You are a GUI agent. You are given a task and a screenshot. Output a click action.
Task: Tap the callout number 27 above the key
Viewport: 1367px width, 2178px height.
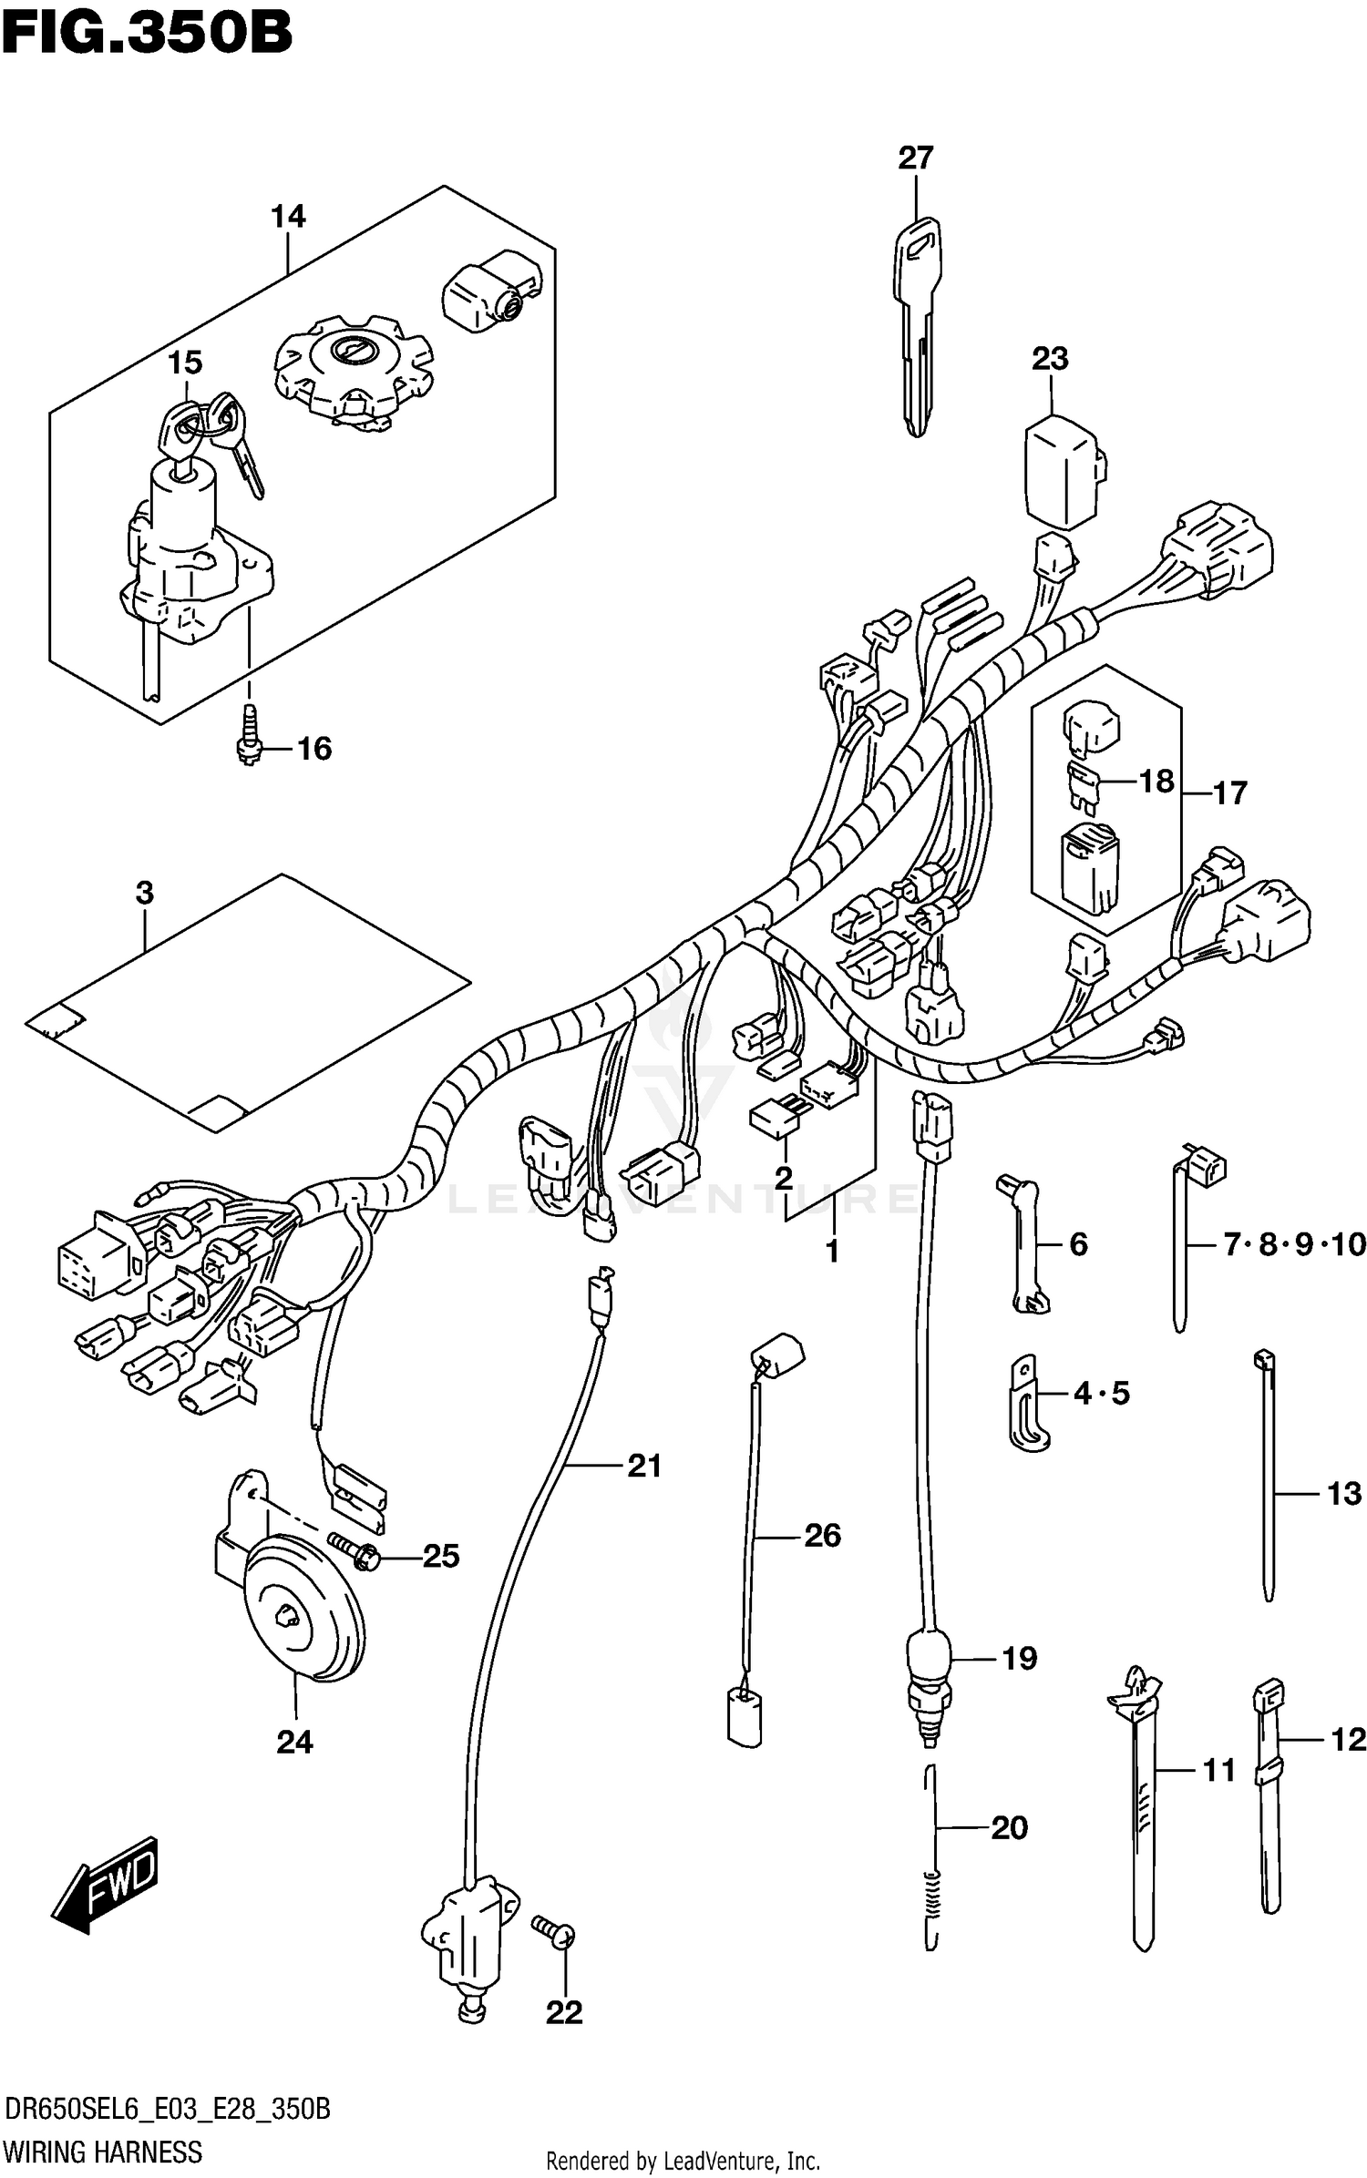pyautogui.click(x=915, y=158)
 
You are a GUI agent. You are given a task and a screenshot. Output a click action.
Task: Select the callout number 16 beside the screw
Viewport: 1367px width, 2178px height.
pyautogui.click(x=314, y=749)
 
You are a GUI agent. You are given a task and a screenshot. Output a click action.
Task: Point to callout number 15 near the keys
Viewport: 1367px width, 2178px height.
pyautogui.click(x=184, y=363)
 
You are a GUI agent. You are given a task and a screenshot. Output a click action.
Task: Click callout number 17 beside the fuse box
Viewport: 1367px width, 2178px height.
pyautogui.click(x=1229, y=792)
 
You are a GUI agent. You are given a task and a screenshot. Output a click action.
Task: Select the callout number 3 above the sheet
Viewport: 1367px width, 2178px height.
pyautogui.click(x=145, y=893)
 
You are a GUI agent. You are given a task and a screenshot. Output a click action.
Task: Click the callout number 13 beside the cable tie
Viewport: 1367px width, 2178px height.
pyautogui.click(x=1343, y=1493)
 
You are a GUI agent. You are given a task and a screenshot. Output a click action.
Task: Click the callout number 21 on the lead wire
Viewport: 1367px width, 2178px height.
pyautogui.click(x=644, y=1466)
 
